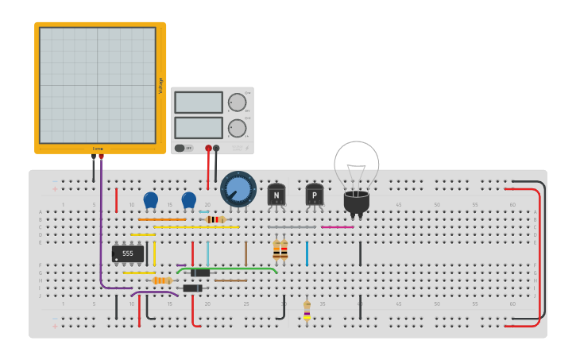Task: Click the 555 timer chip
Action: coord(128,254)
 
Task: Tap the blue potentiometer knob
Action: coord(238,189)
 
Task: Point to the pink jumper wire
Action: coord(338,227)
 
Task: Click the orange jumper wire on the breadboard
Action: coord(162,219)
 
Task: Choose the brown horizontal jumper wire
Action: coord(230,281)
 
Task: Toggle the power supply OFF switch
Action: coord(180,148)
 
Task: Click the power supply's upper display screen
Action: coord(198,103)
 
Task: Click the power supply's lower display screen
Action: coord(198,128)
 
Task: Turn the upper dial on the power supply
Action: coord(237,102)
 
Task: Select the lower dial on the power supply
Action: coord(237,128)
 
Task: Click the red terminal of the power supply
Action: coord(208,148)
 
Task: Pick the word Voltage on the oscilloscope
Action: coord(160,85)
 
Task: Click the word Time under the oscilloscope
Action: coord(98,149)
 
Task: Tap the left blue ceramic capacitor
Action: coord(151,199)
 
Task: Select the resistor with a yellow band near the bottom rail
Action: coord(307,309)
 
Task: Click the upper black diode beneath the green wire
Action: coord(199,273)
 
